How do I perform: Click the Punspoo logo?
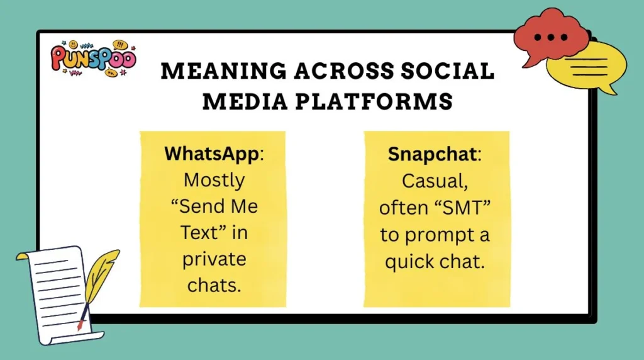pos(92,59)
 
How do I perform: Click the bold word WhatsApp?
pos(211,154)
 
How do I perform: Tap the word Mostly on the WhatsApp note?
pos(214,180)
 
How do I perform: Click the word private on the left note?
pos(214,259)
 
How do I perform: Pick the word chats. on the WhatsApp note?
pos(214,285)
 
